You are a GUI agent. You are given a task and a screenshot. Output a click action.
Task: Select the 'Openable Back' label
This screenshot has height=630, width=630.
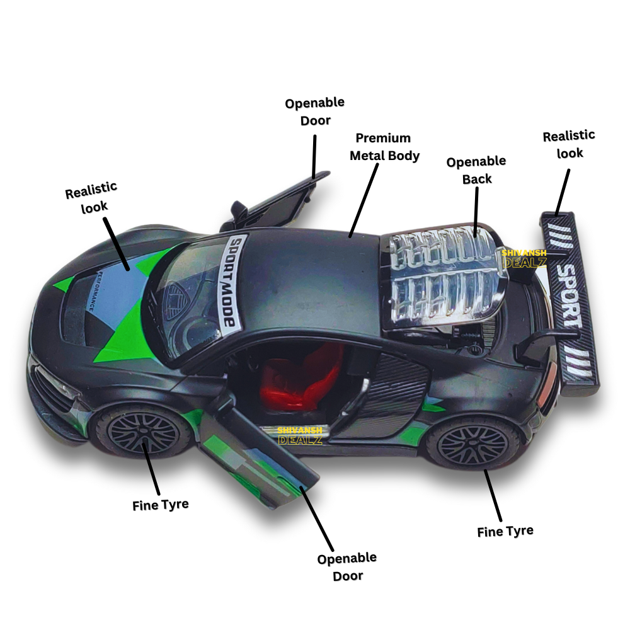pyautogui.click(x=476, y=170)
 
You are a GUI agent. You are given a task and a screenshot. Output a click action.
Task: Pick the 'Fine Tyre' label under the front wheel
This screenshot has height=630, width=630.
pyautogui.click(x=161, y=505)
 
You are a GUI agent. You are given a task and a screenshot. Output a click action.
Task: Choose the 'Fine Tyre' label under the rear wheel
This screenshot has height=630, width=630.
pyautogui.click(x=505, y=531)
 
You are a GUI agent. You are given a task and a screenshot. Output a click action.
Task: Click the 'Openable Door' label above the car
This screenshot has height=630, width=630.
pyautogui.click(x=315, y=111)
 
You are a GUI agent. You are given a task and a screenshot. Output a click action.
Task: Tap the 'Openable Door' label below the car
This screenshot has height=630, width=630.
pyautogui.click(x=346, y=566)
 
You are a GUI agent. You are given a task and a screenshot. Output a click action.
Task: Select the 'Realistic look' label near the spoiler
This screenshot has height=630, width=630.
pyautogui.click(x=569, y=144)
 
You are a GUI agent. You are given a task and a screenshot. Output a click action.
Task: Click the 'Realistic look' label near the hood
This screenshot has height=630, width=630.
pyautogui.click(x=92, y=197)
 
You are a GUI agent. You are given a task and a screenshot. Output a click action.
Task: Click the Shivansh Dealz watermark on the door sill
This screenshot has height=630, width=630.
pyautogui.click(x=300, y=435)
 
